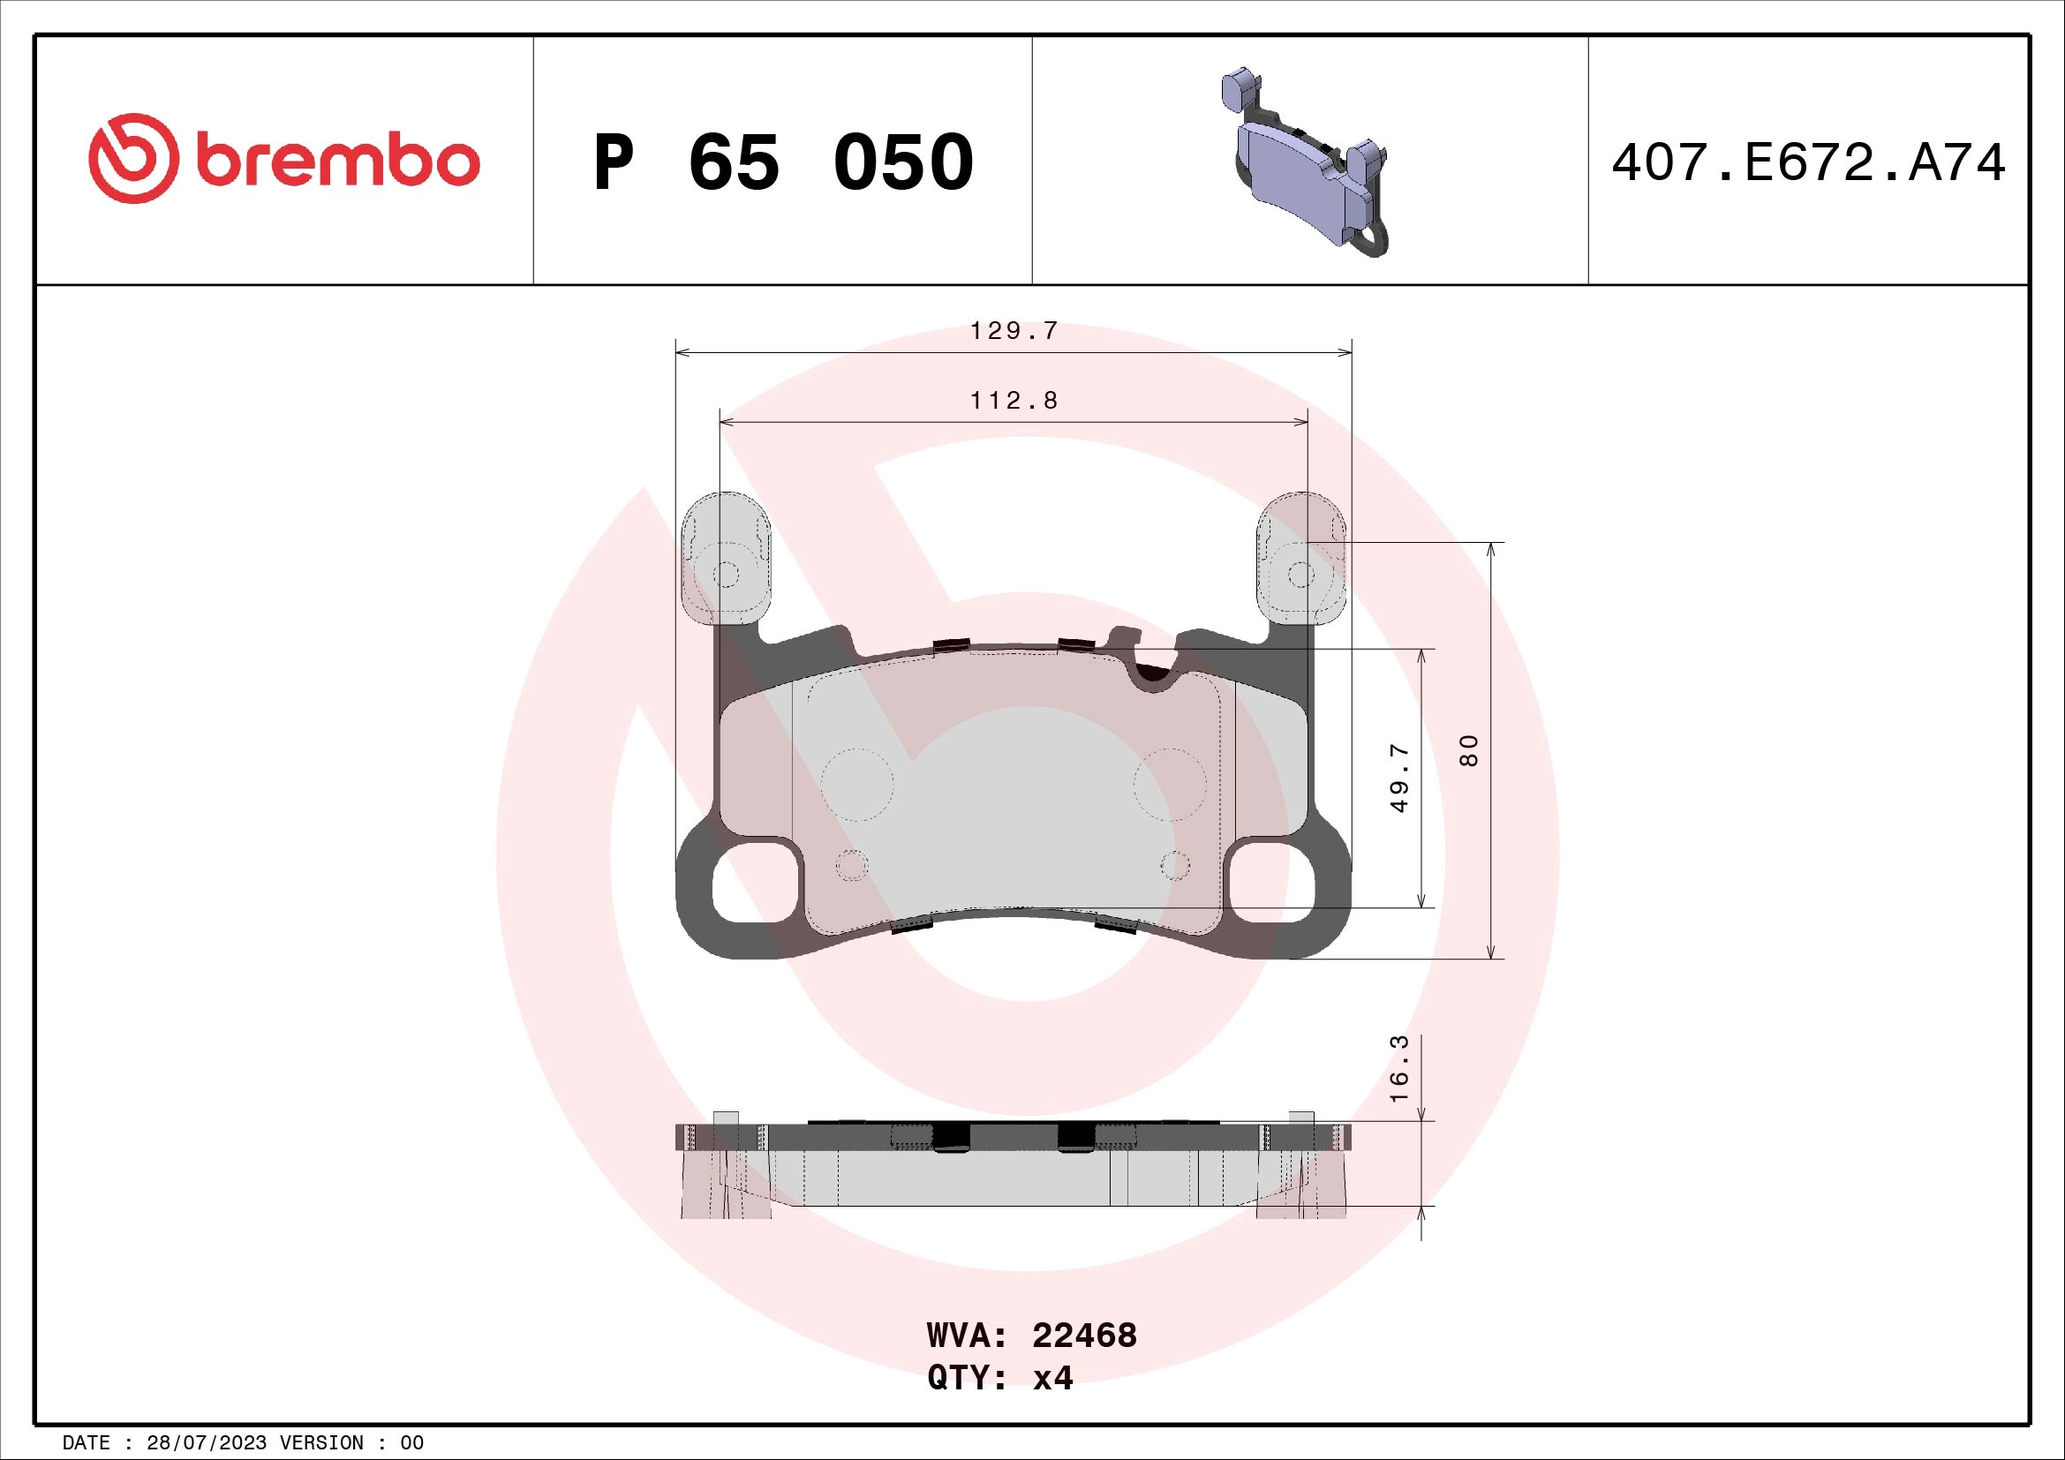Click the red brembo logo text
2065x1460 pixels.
(337, 162)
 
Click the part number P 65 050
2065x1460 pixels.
(782, 162)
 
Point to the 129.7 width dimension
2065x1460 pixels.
(1014, 331)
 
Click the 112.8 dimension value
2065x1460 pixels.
(1014, 400)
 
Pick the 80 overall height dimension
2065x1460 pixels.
(1469, 749)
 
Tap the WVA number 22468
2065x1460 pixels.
(1084, 1336)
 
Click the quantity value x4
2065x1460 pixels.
(1052, 1378)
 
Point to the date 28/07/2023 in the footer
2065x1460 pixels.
(206, 1443)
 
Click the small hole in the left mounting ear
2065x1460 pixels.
(726, 574)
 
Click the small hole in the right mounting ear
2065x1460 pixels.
(1300, 574)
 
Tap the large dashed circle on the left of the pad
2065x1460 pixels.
(856, 784)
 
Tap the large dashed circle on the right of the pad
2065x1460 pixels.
(1169, 784)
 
